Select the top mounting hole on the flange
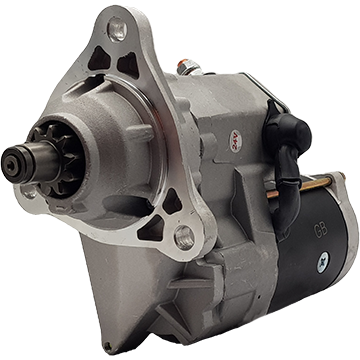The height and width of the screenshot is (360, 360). pos(118,30)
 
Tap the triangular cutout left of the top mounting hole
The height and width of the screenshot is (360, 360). pos(97,58)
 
